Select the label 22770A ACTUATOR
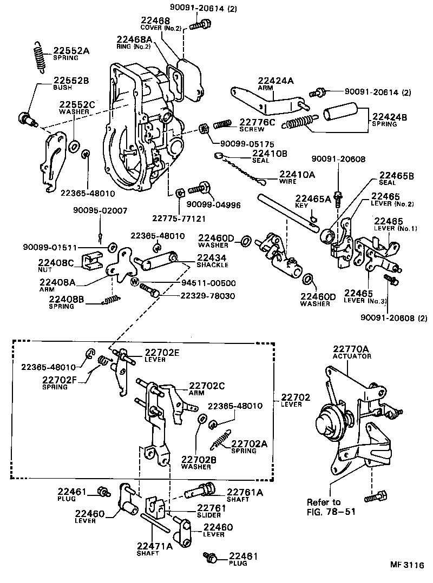[x=351, y=352]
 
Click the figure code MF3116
[x=407, y=565]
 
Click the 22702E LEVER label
[x=162, y=354]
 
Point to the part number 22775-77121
[x=178, y=218]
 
